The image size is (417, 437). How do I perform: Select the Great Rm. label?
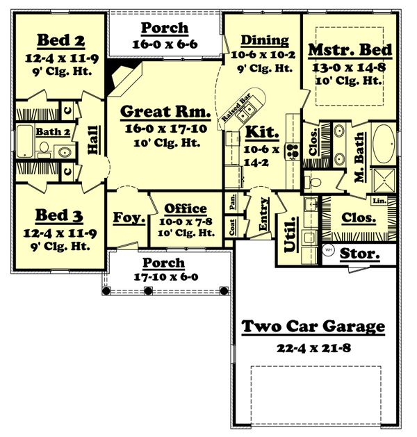[x=164, y=112]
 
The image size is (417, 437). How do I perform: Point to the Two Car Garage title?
[x=313, y=327]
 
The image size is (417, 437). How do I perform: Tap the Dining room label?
[x=260, y=41]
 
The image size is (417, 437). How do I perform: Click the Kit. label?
[x=261, y=132]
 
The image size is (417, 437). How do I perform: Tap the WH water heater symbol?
[x=329, y=249]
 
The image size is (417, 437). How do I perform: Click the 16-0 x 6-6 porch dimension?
[x=164, y=43]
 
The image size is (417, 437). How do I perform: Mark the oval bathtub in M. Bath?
[x=383, y=143]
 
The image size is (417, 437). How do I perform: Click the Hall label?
[x=92, y=139]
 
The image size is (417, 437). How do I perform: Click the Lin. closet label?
[x=379, y=201]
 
